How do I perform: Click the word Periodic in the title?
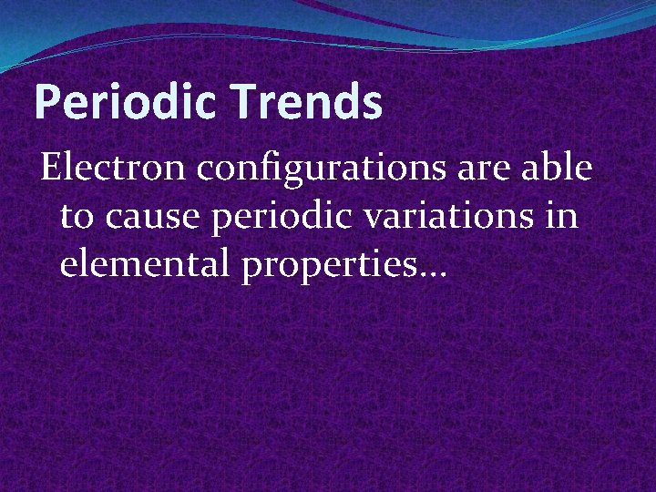click(x=125, y=103)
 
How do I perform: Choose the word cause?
click(x=149, y=219)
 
